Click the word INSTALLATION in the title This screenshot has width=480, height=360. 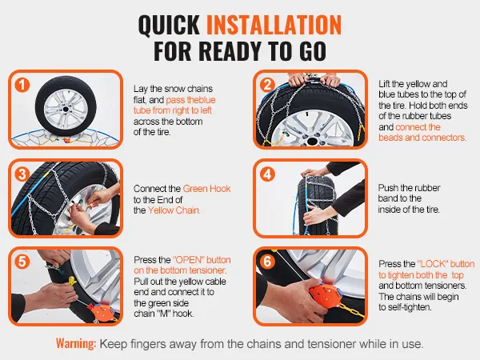click(274, 25)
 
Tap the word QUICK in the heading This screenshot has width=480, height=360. click(169, 25)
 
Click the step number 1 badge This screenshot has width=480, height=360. click(22, 85)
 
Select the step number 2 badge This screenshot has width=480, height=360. click(267, 85)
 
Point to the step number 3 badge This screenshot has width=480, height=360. click(22, 174)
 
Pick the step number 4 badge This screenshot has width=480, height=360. click(267, 174)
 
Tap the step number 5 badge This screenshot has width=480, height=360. click(22, 262)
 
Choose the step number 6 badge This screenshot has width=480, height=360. click(267, 262)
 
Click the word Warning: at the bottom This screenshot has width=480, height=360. click(76, 343)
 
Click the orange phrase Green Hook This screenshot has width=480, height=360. click(206, 189)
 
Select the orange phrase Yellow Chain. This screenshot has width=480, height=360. click(174, 210)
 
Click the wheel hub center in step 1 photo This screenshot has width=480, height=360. click(66, 110)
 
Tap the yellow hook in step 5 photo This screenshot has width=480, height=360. click(72, 281)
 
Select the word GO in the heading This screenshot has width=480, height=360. click(313, 51)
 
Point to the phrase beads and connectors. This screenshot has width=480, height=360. click(422, 138)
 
